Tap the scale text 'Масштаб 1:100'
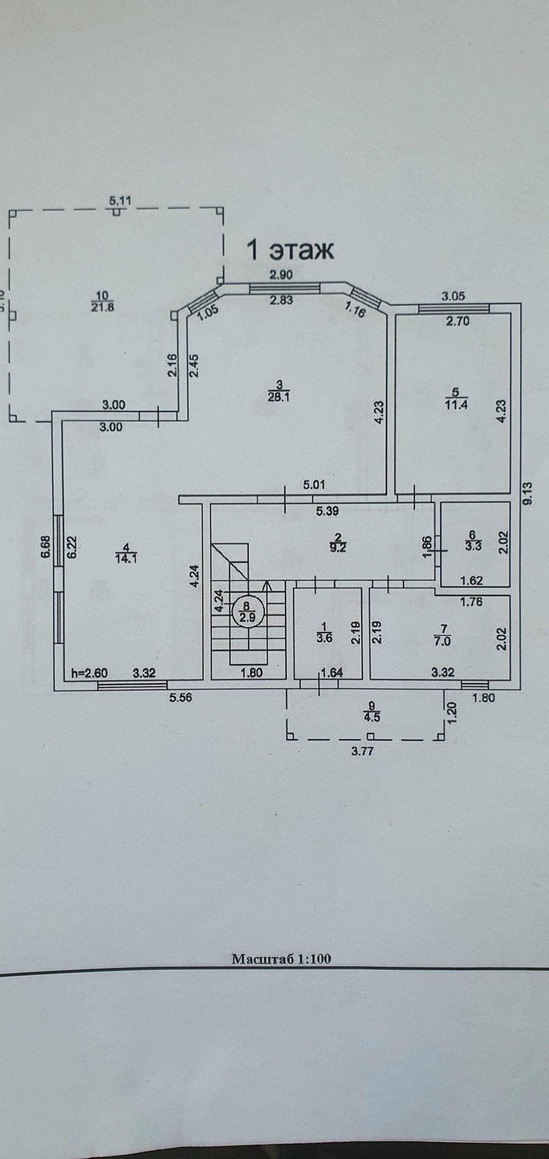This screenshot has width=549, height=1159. point(281,959)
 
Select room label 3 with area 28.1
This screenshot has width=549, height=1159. point(279,390)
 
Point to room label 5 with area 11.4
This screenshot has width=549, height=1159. point(456,398)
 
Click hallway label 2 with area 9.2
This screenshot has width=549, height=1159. point(339,543)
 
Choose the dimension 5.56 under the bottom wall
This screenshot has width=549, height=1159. point(181,698)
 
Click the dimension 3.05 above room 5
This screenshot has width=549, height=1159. point(453,296)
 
